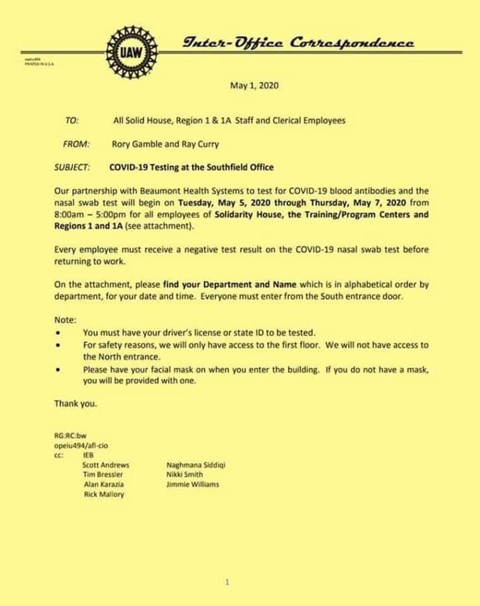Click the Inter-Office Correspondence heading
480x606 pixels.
298,43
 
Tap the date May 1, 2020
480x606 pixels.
254,86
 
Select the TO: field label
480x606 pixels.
71,120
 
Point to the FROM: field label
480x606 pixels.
76,144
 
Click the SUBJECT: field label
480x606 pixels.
71,167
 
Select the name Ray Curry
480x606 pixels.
200,144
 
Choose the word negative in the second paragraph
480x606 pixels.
201,250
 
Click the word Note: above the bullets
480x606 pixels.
65,320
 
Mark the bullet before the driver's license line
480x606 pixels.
58,333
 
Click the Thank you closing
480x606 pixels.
75,404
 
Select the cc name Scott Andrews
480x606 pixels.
106,465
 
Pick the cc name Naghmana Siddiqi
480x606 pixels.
196,465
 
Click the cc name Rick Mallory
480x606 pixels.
104,494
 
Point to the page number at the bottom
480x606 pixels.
227,582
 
